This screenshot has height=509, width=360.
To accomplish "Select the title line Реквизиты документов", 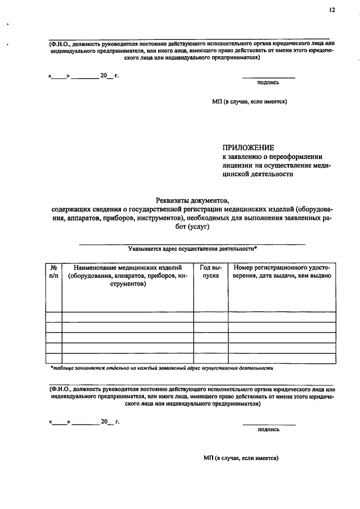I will click(192, 199).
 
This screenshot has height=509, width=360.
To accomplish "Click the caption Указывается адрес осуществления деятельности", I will click(192, 247).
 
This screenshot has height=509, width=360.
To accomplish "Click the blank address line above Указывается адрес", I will click(192, 242).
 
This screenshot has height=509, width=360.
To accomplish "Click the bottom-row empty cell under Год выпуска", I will click(210, 358).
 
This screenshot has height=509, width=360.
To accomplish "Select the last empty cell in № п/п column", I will click(53, 358).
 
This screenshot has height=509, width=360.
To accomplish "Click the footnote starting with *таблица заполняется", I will click(162, 369).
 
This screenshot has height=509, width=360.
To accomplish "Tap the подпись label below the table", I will click(268, 429).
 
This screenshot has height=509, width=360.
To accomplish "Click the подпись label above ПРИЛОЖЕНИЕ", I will click(268, 82).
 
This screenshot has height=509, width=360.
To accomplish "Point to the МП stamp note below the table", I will click(241, 458).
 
